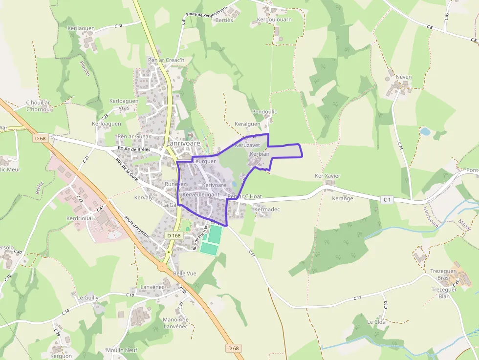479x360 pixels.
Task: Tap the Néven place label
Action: click(404, 77)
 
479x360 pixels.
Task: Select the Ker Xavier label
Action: click(327, 176)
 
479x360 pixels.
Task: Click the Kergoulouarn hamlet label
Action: click(274, 20)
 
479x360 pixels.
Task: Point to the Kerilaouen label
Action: click(81, 29)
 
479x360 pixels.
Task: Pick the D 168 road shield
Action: click(174, 235)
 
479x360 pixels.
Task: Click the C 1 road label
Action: click(388, 199)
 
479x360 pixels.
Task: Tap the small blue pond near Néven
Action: click(425, 131)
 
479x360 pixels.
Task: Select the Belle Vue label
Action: click(185, 274)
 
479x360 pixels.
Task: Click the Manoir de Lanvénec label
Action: click(175, 323)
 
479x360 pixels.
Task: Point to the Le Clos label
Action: click(376, 322)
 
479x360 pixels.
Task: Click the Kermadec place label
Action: click(267, 209)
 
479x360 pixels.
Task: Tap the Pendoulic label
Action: click(264, 112)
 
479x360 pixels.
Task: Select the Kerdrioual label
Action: click(80, 218)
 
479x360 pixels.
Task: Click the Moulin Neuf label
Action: click(122, 350)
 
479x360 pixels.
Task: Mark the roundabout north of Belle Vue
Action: click(162, 267)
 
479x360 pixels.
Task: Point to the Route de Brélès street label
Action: click(134, 148)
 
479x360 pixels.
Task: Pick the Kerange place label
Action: click(342, 199)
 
